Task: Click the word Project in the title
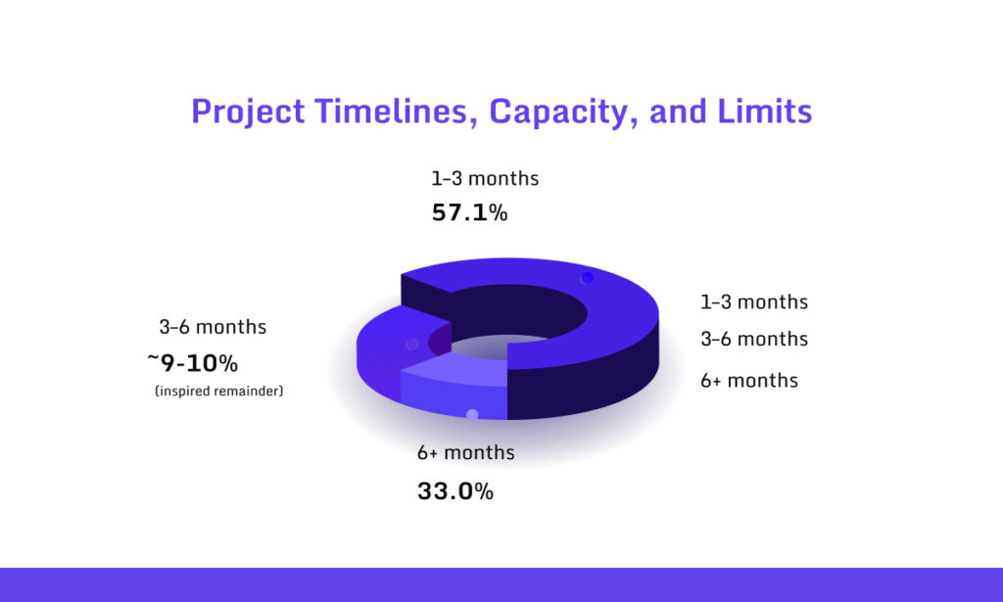pyautogui.click(x=248, y=112)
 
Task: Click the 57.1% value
pyautogui.click(x=469, y=212)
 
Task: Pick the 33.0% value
pyautogui.click(x=454, y=491)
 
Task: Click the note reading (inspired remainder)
pyautogui.click(x=218, y=392)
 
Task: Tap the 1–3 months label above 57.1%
pyautogui.click(x=485, y=179)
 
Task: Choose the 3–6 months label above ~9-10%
pyautogui.click(x=213, y=327)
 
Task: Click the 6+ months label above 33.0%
pyautogui.click(x=465, y=453)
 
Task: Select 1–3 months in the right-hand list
pyautogui.click(x=753, y=301)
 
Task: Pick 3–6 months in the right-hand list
pyautogui.click(x=753, y=340)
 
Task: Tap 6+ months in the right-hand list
pyautogui.click(x=748, y=380)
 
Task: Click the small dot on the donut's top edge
pyautogui.click(x=587, y=278)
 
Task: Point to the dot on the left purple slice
pyautogui.click(x=412, y=344)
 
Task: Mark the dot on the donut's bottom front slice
pyautogui.click(x=472, y=415)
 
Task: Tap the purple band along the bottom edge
pyautogui.click(x=501, y=584)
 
